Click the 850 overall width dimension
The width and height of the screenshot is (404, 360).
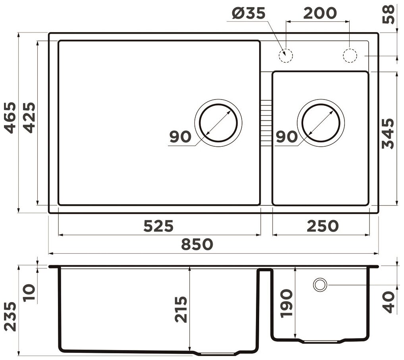coord(197,244)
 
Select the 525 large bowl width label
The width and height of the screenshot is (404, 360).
coord(158,226)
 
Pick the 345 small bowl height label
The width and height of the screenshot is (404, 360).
coord(389,133)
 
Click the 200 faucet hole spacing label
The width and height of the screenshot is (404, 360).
coord(319,13)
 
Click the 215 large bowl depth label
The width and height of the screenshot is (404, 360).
coord(181,310)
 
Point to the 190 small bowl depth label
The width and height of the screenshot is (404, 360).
coord(287,303)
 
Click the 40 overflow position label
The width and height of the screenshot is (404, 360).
coord(389,302)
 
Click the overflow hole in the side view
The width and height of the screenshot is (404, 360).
coord(320,285)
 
